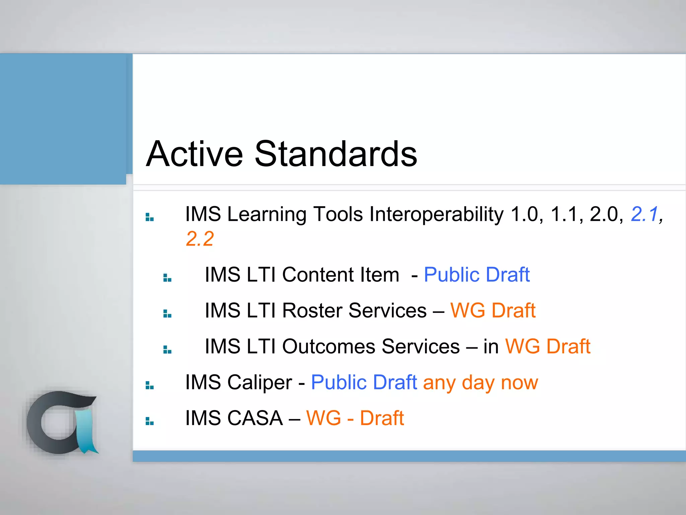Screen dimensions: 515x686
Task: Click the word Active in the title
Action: (x=194, y=154)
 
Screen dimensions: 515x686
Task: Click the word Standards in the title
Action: (x=336, y=154)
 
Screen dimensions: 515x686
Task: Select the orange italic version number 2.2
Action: (x=200, y=239)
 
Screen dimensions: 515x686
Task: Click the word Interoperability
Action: (x=436, y=214)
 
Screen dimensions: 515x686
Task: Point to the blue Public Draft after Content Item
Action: (x=476, y=275)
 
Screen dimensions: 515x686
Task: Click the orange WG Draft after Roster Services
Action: (x=492, y=310)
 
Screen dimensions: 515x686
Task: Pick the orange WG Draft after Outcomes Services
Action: (x=547, y=346)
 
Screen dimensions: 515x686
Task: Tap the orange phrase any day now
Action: (x=480, y=383)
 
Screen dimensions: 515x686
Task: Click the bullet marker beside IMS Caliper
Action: (x=149, y=386)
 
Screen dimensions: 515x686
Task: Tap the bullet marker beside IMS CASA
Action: (x=149, y=421)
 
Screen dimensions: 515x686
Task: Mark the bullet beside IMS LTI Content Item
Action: (x=167, y=278)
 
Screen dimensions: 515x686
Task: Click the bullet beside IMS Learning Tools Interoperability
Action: (x=149, y=217)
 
